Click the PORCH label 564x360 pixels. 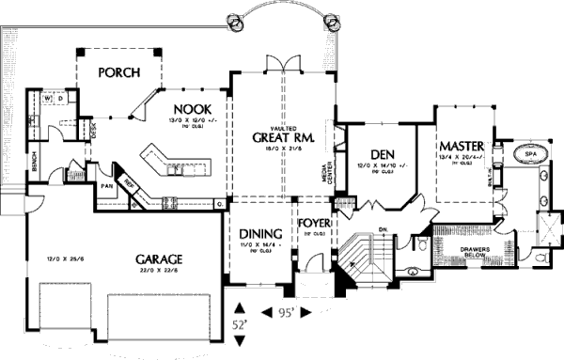[119, 71]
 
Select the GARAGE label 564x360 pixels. [157, 259]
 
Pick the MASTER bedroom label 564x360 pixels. [461, 148]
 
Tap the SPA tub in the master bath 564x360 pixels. [530, 153]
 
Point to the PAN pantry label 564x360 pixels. [107, 186]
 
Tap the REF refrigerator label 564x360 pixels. [132, 185]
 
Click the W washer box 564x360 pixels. [45, 98]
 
